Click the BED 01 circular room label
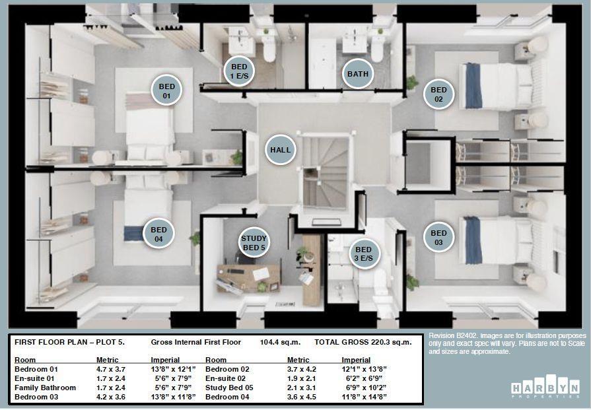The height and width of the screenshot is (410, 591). [166, 90]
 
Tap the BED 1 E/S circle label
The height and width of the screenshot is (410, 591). [239, 71]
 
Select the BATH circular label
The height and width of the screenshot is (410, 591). [358, 74]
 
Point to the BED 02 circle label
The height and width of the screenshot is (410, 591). [438, 95]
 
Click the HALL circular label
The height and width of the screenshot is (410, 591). [280, 150]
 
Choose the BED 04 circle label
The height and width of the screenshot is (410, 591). [158, 234]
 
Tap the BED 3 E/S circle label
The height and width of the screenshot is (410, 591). [364, 254]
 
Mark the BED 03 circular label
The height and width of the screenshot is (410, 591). [438, 238]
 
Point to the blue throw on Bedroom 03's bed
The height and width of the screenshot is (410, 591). [473, 240]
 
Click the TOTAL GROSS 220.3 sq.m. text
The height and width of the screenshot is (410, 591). [363, 342]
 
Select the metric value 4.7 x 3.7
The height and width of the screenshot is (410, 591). [111, 369]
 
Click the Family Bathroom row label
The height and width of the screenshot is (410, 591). [45, 388]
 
